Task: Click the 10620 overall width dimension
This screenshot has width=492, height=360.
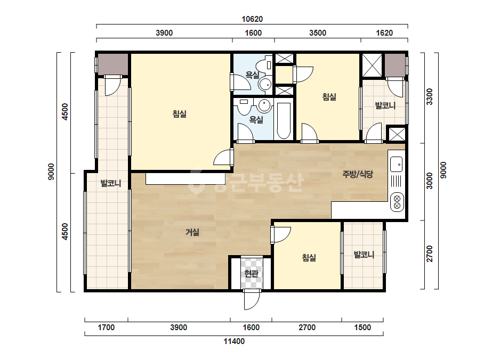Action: pyautogui.click(x=252, y=19)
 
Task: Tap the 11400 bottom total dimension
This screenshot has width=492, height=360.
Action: pyautogui.click(x=234, y=341)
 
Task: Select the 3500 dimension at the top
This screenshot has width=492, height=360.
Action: pyautogui.click(x=318, y=33)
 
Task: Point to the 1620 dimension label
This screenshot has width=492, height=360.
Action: pyautogui.click(x=384, y=33)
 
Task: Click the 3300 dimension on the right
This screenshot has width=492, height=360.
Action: pyautogui.click(x=430, y=96)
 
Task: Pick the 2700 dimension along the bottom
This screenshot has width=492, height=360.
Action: pyautogui.click(x=307, y=328)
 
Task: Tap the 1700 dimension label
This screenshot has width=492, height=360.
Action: pyautogui.click(x=106, y=328)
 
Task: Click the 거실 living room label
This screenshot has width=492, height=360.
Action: pyautogui.click(x=192, y=232)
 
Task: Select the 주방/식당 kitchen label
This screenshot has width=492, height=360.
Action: pyautogui.click(x=358, y=174)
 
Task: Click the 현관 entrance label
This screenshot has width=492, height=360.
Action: pyautogui.click(x=252, y=273)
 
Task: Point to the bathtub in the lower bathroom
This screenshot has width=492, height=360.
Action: pyautogui.click(x=284, y=120)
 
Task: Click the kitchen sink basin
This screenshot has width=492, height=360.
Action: pyautogui.click(x=396, y=164)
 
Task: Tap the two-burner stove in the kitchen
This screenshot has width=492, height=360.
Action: pyautogui.click(x=397, y=202)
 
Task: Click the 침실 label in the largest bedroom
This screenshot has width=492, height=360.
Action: pyautogui.click(x=180, y=113)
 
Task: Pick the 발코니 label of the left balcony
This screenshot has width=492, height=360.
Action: pyautogui.click(x=111, y=183)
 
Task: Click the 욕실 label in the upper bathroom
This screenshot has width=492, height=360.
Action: pyautogui.click(x=252, y=75)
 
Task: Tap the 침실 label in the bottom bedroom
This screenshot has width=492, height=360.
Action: pyautogui.click(x=309, y=258)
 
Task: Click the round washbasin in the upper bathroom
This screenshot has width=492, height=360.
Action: pyautogui.click(x=264, y=84)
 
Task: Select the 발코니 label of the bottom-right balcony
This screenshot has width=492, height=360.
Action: pyautogui.click(x=364, y=255)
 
